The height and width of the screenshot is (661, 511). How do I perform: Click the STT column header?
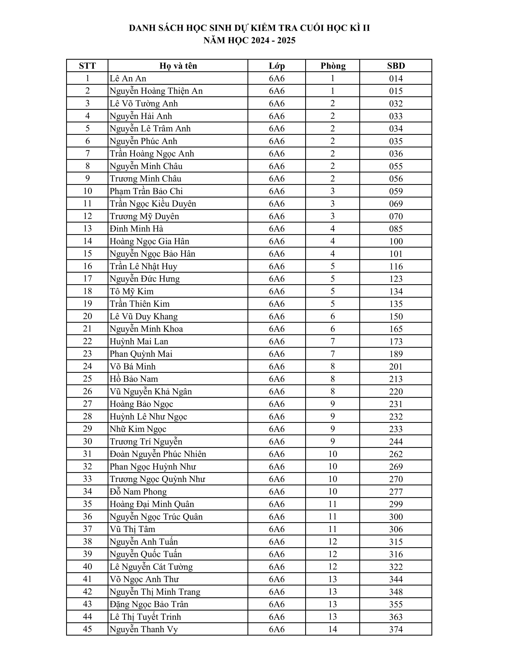click(87, 66)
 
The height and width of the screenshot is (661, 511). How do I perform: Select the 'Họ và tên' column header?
click(178, 66)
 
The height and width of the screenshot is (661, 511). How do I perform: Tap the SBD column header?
click(396, 66)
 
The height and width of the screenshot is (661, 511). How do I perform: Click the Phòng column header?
click(333, 66)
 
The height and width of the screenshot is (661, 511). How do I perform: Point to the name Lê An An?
click(128, 78)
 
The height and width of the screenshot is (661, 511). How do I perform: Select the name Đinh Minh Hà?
click(136, 229)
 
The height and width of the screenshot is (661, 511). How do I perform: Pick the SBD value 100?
click(396, 241)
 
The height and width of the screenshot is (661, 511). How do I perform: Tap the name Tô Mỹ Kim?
click(131, 291)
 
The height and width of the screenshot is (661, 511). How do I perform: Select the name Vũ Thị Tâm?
click(132, 529)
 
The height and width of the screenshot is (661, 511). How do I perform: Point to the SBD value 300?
click(396, 516)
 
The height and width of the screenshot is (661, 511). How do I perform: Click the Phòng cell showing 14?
click(333, 629)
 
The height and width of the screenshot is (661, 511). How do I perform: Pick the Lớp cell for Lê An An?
click(277, 78)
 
